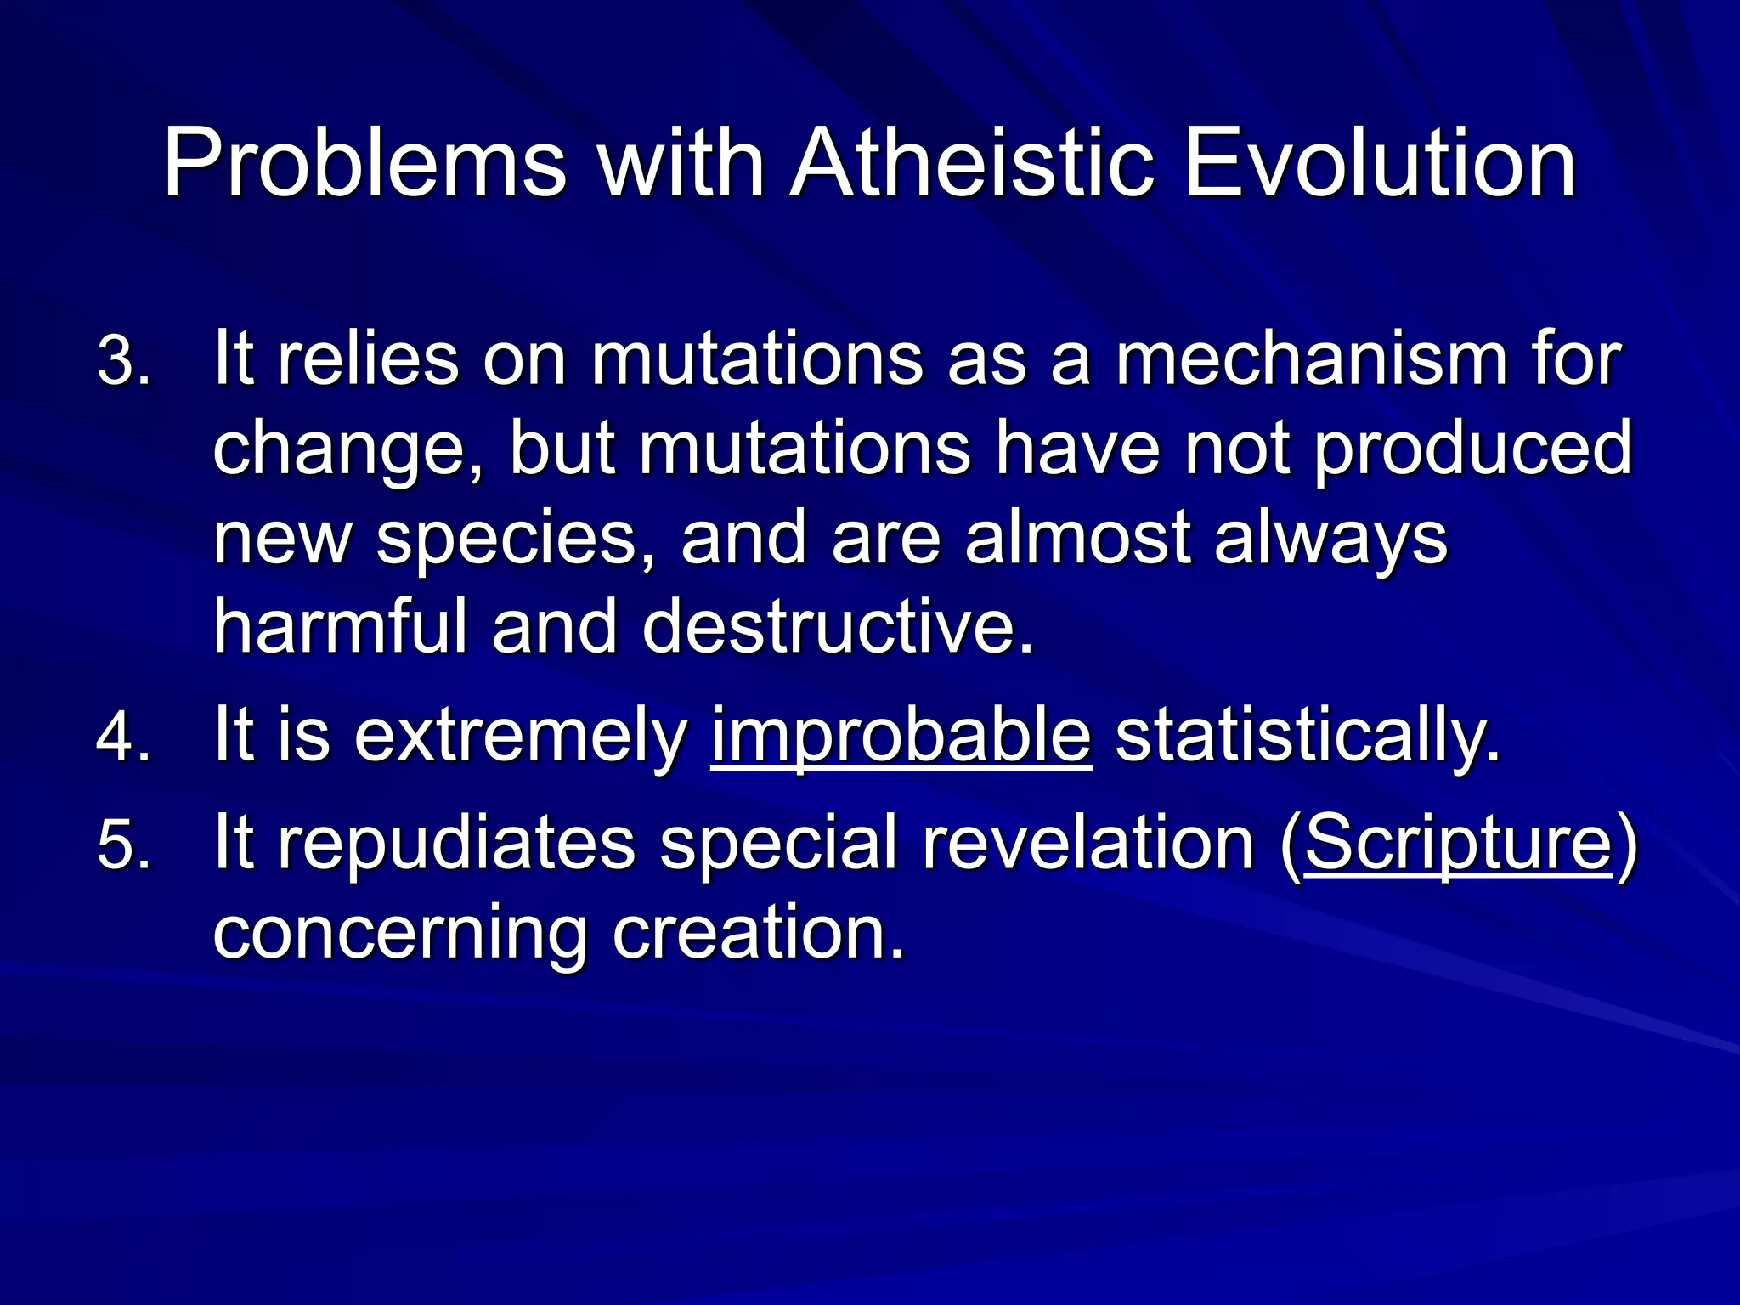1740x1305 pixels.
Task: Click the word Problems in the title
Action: pos(364,163)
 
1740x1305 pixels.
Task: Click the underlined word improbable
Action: pos(901,737)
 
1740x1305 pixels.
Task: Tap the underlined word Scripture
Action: pos(1458,843)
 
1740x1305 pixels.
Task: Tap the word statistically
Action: pos(1308,737)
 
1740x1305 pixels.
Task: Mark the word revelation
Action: pos(1088,843)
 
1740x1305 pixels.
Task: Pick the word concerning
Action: pos(399,935)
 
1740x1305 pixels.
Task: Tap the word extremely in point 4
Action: pos(521,737)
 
